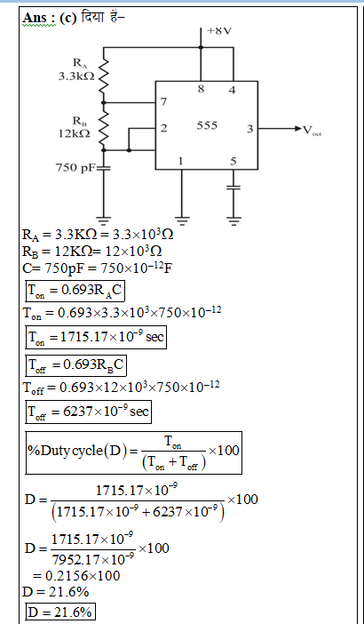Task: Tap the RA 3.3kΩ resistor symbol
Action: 103,76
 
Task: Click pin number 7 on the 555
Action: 163,102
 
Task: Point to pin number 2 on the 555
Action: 163,128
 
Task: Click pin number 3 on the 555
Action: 249,129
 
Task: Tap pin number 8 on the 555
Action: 201,89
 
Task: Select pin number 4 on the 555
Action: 232,90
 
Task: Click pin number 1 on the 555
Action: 181,161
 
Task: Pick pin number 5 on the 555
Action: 233,161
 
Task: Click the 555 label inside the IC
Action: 207,125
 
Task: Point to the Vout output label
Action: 313,130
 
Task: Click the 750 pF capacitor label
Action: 75,168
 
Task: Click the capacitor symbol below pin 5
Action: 233,187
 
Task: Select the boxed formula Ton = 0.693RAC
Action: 75,292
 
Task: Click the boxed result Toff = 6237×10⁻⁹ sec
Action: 88,412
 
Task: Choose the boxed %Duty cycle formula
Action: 134,452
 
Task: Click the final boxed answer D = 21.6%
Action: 60,612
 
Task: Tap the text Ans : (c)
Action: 50,18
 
